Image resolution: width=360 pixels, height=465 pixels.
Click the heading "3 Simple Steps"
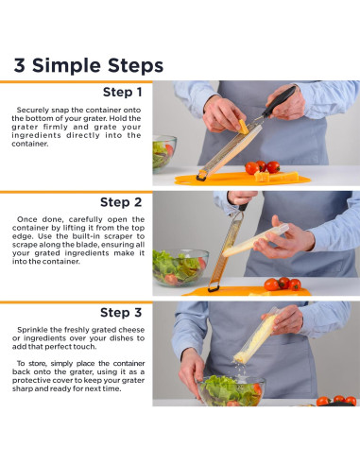(x=89, y=65)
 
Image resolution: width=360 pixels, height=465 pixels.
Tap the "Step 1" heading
(x=123, y=92)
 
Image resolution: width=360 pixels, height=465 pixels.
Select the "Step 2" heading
(x=121, y=202)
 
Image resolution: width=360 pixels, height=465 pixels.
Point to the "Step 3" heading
(x=121, y=313)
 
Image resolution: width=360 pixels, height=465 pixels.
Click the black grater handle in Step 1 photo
(x=279, y=101)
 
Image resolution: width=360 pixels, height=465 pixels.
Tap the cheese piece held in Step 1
(x=243, y=127)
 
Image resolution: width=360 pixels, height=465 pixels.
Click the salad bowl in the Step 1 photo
(x=163, y=154)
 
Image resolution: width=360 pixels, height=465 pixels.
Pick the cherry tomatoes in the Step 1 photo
(x=263, y=167)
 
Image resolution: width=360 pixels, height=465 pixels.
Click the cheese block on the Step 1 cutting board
(x=276, y=176)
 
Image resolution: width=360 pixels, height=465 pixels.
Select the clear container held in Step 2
(x=255, y=240)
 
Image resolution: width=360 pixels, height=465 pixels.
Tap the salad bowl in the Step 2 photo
(x=180, y=267)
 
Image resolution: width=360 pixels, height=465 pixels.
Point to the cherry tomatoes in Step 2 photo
(x=283, y=284)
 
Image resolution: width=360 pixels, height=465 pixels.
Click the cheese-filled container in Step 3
(x=256, y=336)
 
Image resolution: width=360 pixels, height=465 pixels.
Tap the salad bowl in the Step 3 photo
(x=231, y=390)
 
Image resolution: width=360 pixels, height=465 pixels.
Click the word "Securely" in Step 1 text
(x=33, y=111)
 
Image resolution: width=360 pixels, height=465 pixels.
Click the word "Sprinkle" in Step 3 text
(x=33, y=330)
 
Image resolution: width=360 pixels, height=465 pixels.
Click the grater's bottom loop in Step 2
(x=214, y=288)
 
